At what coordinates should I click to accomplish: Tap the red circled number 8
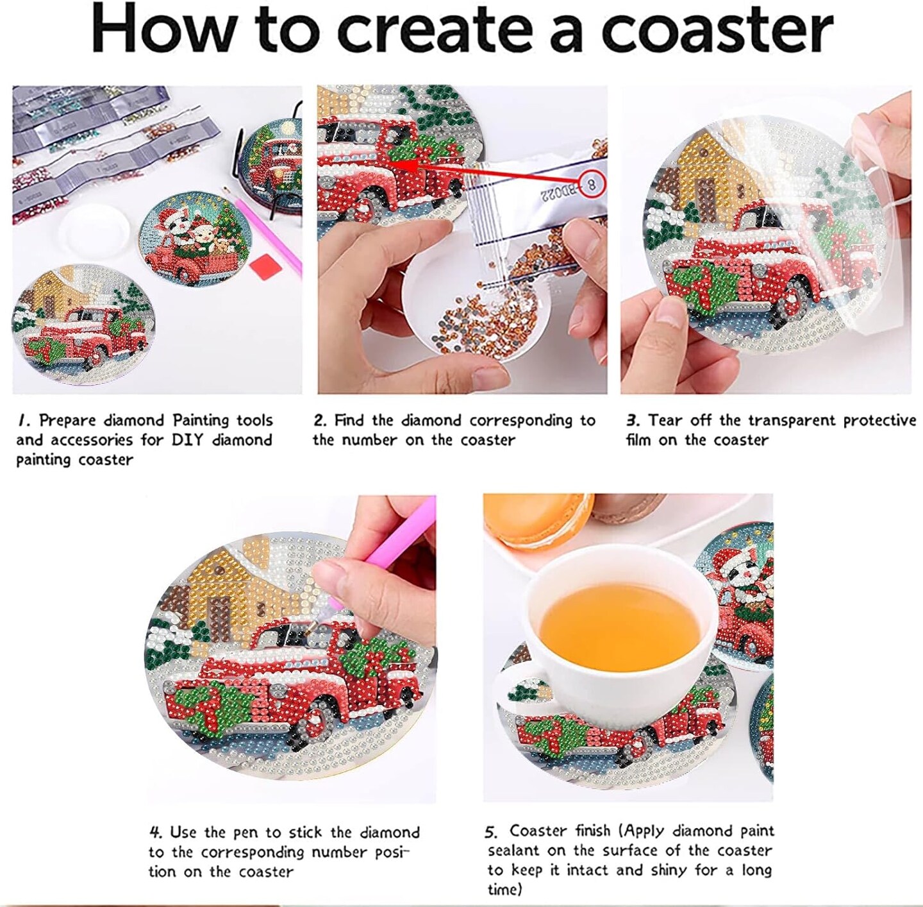point(592,184)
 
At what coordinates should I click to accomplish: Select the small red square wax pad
point(262,264)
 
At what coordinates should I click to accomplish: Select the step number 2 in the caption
point(320,420)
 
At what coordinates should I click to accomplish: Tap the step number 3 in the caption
point(633,420)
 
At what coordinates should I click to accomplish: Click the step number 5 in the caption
point(492,832)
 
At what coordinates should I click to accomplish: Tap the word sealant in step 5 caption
point(515,851)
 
